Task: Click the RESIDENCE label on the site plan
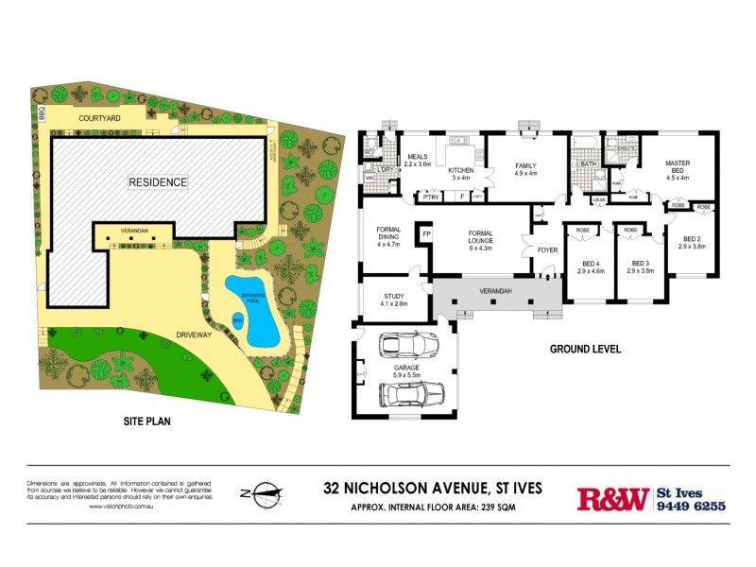click(x=158, y=181)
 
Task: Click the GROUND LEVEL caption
click(x=585, y=349)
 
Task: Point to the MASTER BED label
click(x=678, y=168)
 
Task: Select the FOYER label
click(x=548, y=250)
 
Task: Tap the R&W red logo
click(x=612, y=498)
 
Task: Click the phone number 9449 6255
click(x=691, y=506)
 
